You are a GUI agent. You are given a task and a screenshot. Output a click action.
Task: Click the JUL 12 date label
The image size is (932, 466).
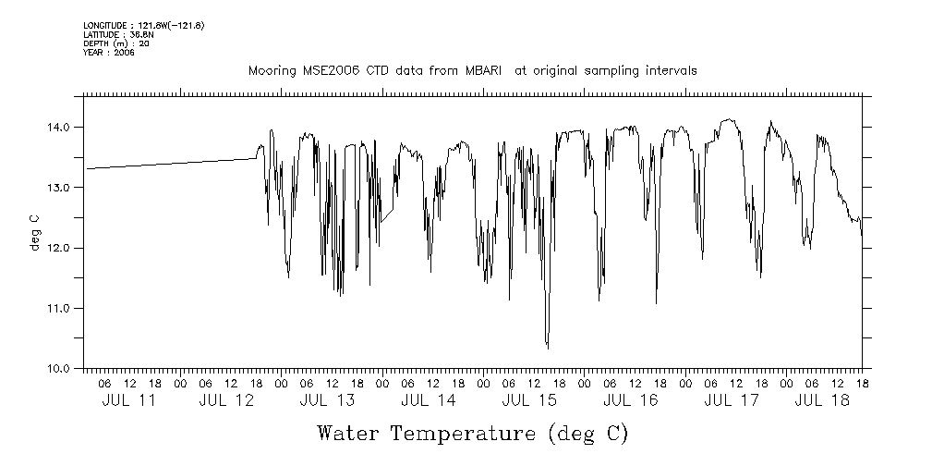226,400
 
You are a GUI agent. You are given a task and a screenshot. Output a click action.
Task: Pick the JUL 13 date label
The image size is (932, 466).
327,400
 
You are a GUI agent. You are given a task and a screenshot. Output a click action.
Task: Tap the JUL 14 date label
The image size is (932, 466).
428,400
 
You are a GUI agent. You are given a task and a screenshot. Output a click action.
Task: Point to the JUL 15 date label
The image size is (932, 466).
529,400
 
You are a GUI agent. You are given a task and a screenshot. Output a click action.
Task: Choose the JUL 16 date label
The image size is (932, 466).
630,400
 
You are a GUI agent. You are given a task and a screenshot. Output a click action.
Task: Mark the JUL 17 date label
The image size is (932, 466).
731,400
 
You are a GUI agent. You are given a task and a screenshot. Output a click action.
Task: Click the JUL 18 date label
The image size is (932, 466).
822,400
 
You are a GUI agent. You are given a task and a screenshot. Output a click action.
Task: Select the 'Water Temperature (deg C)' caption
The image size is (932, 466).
472,433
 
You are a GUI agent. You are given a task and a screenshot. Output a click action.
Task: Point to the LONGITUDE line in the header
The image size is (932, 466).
143,25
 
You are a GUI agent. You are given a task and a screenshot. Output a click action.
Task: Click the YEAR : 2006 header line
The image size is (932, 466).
109,53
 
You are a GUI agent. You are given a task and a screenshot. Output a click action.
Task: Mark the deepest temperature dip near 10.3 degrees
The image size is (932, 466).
548,348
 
